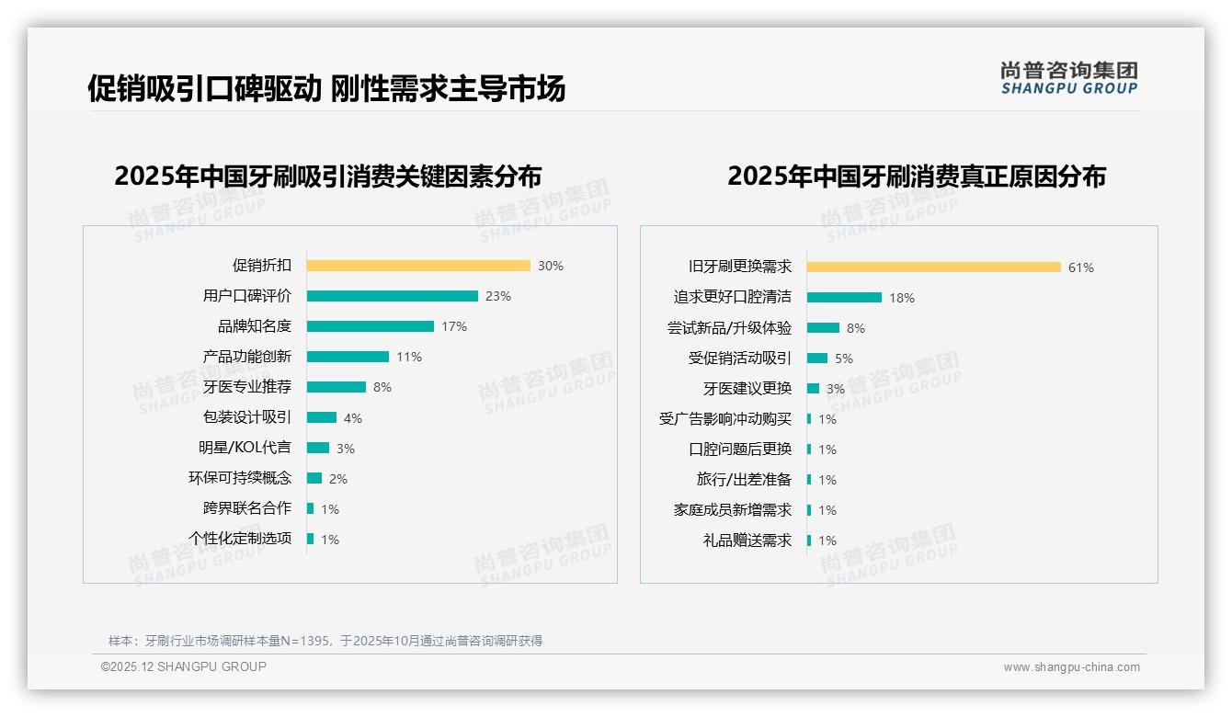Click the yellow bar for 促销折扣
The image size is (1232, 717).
coord(418,266)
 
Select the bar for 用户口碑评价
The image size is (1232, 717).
coord(393,296)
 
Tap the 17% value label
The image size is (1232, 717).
coord(454,326)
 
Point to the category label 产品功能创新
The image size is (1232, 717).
coord(246,357)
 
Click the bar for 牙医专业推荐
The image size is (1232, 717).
coord(337,387)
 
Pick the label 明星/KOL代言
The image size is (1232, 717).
coord(245,448)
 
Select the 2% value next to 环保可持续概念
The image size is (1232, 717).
coord(338,479)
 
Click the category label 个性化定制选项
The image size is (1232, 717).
coord(240,539)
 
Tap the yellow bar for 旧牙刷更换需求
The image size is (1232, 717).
coord(934,267)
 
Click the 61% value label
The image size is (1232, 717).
coord(1081,267)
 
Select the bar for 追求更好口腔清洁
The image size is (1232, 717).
coord(845,297)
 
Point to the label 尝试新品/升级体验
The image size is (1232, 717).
coord(729,327)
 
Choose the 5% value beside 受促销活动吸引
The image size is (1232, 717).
coord(844,358)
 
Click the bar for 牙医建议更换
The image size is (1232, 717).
coord(813,389)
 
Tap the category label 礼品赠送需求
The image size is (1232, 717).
coord(747,541)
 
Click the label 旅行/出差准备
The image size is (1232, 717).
coord(744,480)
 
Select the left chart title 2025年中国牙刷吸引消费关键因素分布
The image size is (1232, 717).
coord(328,176)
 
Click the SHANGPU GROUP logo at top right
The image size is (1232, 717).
coord(1069,77)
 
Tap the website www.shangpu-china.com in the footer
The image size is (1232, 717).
coord(1071,667)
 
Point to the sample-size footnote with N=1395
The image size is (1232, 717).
coord(325,641)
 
